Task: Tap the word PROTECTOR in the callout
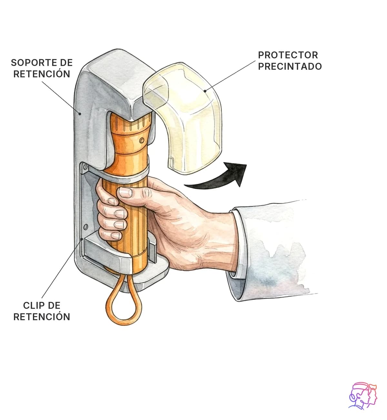pyautogui.click(x=288, y=55)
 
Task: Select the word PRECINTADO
pyautogui.click(x=290, y=66)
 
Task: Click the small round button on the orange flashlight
pyautogui.click(x=142, y=140)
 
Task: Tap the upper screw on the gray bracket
pyautogui.click(x=85, y=167)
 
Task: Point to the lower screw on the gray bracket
pyautogui.click(x=85, y=227)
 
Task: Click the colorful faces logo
pyautogui.click(x=363, y=396)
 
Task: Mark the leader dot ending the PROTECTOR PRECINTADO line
pyautogui.click(x=205, y=91)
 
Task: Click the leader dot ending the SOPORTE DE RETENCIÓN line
pyautogui.click(x=80, y=114)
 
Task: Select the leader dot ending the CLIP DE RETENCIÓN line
pyautogui.click(x=82, y=239)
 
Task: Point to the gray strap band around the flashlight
pyautogui.click(x=124, y=174)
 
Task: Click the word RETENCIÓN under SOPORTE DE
pyautogui.click(x=42, y=74)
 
